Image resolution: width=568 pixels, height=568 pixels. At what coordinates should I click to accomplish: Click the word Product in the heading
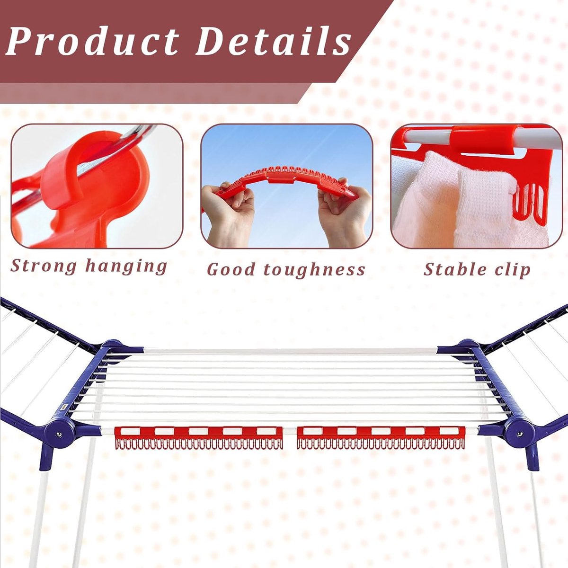[93, 41]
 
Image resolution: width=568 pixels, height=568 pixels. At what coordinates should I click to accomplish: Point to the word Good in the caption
[231, 269]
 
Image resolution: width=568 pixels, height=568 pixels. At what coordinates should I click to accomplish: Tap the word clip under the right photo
[512, 270]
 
